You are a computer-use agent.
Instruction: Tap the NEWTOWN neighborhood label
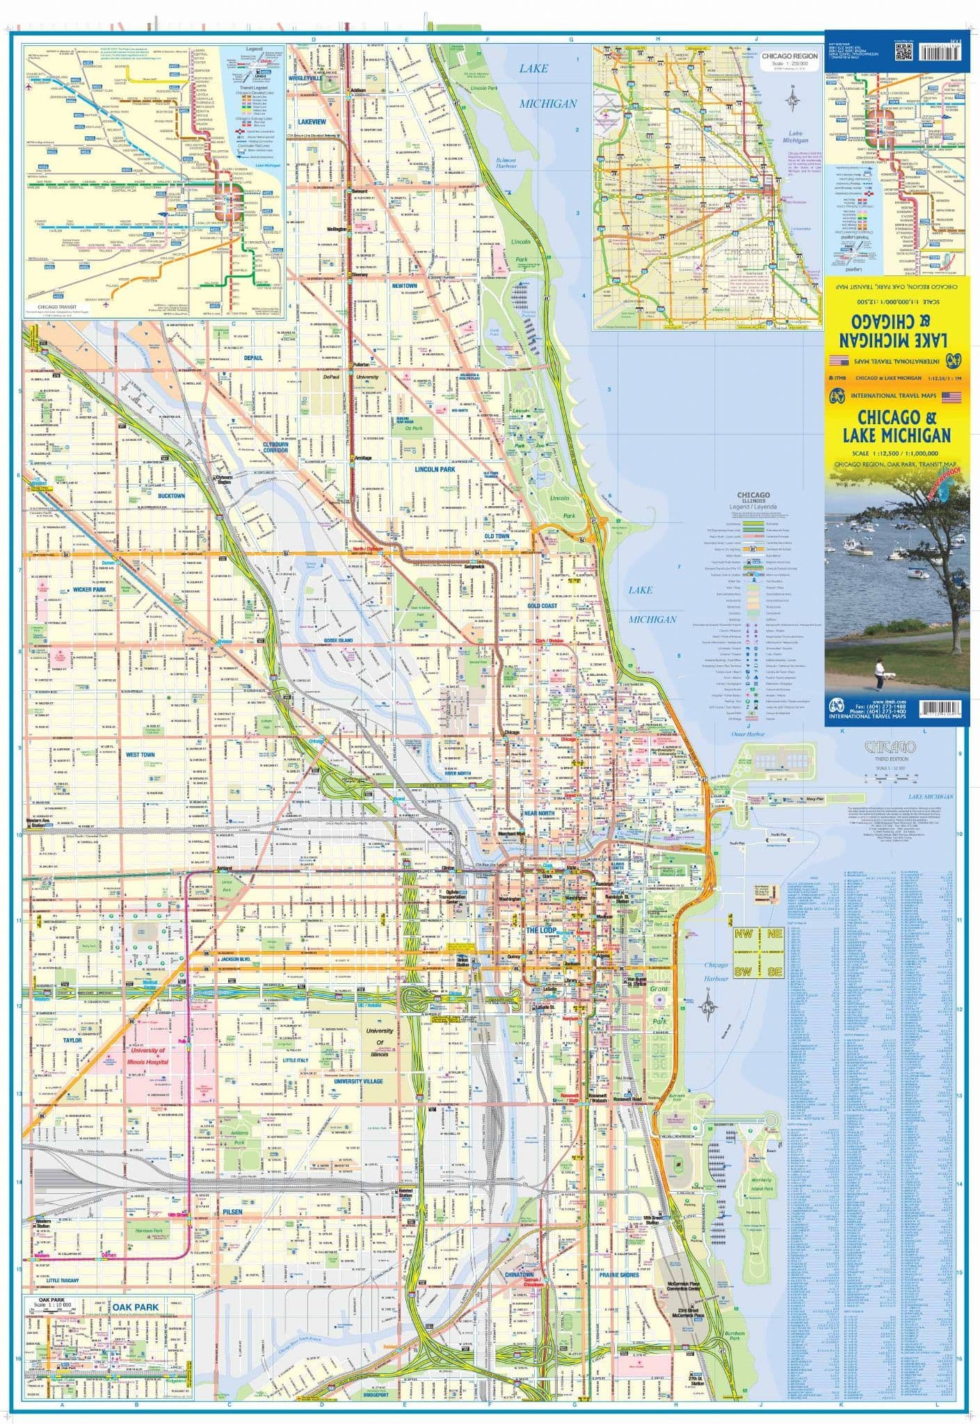(x=404, y=286)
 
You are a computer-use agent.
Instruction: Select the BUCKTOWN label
(x=171, y=496)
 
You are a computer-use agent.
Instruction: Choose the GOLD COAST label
(x=543, y=606)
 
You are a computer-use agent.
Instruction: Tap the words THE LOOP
(x=541, y=930)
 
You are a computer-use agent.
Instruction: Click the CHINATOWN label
(x=520, y=1276)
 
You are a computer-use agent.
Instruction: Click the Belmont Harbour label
(x=506, y=163)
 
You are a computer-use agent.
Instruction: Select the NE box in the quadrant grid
(x=774, y=935)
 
